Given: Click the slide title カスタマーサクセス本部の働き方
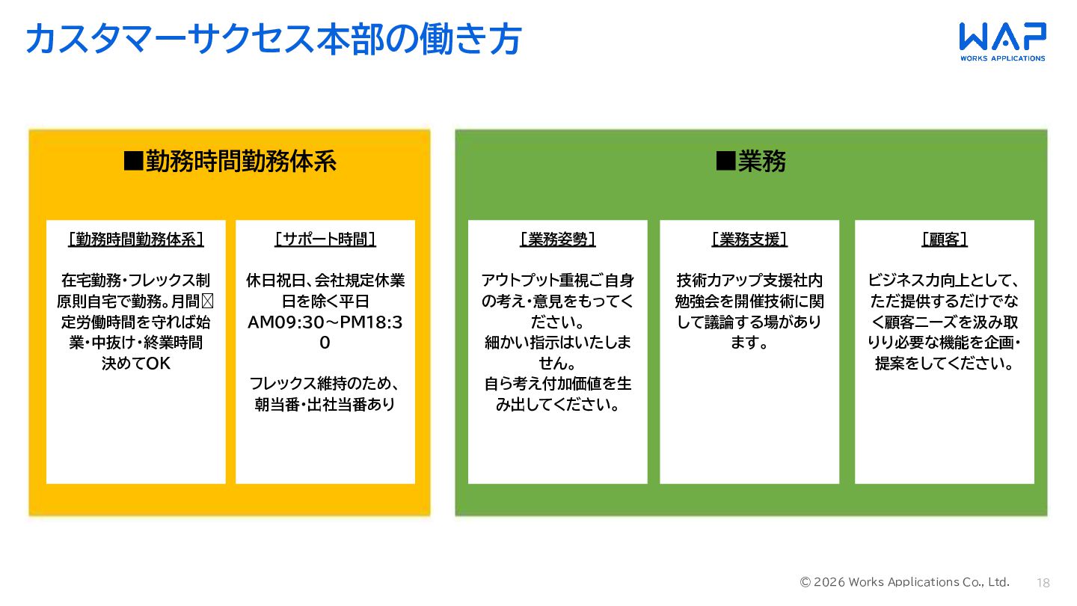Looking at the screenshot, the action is coord(273,40).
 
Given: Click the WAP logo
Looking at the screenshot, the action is coord(1002,41).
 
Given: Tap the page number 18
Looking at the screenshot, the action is coord(1043,583).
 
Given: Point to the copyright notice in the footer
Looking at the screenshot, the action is coord(905,582).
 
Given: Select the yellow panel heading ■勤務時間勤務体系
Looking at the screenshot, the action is coord(230,162).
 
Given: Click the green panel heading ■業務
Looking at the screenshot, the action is coord(751,162).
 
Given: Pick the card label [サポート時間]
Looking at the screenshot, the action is coord(325,239).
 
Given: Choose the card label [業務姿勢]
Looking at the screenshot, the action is coord(558,239).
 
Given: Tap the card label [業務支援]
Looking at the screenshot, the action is coord(749,239).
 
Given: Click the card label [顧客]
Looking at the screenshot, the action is coord(945,239).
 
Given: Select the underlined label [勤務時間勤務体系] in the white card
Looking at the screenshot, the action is coord(136,239).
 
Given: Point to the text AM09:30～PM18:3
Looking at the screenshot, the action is coord(325,322).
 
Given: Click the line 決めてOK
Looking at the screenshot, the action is coord(136,364).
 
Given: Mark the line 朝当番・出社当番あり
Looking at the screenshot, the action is coord(325,405).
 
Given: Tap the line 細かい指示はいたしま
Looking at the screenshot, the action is coord(558,343).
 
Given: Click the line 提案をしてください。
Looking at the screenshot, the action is coord(945,364).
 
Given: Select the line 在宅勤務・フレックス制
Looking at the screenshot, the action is coord(136,281).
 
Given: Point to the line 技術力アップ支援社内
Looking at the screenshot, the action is coord(749,281).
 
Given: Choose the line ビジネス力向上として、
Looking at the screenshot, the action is coord(945,281).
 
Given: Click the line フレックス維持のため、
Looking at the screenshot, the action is coord(325,384).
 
